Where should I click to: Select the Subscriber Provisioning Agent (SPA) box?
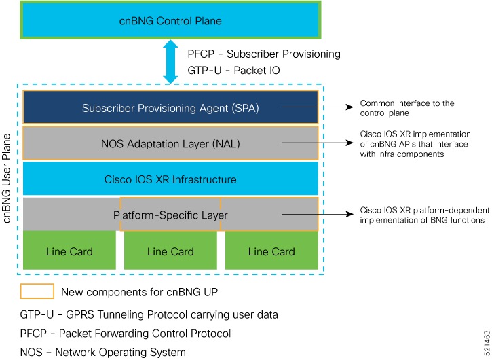tap(170, 107)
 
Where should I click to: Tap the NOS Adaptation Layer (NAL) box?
tap(170, 143)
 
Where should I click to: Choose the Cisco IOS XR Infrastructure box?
tap(170, 179)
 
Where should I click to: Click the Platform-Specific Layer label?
tap(170, 215)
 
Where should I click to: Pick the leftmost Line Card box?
tap(69, 251)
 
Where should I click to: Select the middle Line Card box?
tap(170, 251)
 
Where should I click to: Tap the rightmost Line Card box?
tap(271, 251)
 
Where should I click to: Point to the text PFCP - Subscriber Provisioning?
tap(263, 54)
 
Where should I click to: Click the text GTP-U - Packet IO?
tap(233, 69)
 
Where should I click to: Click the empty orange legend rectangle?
tap(37, 291)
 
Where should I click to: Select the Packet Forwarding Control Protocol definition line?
tap(126, 334)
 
